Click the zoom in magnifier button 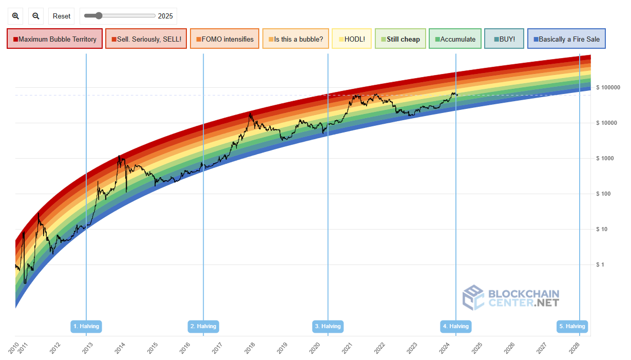[x=15, y=16]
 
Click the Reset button [x=62, y=16]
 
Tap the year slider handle [x=99, y=16]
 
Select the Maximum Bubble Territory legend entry [x=55, y=39]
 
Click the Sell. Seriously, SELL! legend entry [x=146, y=39]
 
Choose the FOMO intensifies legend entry [x=224, y=39]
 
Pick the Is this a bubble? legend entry [x=296, y=39]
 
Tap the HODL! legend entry [x=352, y=39]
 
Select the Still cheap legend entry [x=400, y=39]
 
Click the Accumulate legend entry [x=455, y=39]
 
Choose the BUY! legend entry [x=504, y=39]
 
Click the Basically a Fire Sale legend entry [x=566, y=39]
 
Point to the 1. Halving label [x=86, y=326]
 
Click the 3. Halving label [x=328, y=326]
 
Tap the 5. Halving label [x=572, y=326]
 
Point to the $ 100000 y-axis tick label [x=608, y=87]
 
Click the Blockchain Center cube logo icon [x=473, y=298]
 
